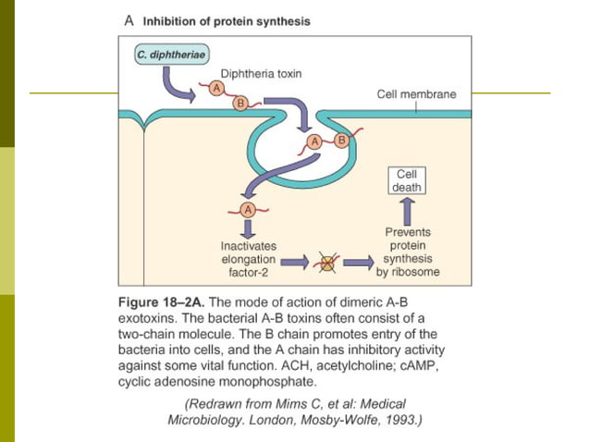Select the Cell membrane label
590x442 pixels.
[416, 94]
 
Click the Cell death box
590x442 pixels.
[407, 180]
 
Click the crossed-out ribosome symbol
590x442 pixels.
[326, 263]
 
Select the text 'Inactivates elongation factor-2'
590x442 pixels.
[247, 260]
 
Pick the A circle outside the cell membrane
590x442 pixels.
[216, 88]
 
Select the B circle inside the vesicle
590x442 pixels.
[340, 141]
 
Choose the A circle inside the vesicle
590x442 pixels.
[314, 141]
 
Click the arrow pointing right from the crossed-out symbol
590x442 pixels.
[356, 263]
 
